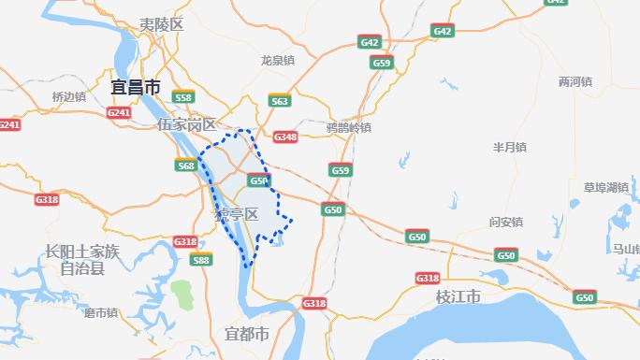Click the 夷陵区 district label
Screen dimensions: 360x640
point(161,25)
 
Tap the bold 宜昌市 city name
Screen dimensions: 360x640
point(136,88)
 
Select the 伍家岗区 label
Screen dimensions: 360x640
point(186,124)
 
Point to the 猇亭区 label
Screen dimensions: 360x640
point(236,214)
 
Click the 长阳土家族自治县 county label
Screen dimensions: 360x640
point(82,259)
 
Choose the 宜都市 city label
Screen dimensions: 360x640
point(247,334)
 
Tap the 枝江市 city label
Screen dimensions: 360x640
point(458,296)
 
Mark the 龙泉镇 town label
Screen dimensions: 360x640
point(278,60)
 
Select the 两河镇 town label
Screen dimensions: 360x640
point(575,81)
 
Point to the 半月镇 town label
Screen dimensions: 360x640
point(510,147)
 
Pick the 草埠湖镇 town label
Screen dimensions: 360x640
point(605,187)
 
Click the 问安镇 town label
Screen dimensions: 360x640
point(506,222)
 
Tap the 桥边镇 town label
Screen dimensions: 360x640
point(69,96)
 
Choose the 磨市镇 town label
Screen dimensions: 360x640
point(100,312)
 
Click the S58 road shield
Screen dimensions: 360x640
point(183,97)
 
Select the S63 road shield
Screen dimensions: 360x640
point(279,100)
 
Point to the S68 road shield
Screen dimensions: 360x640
point(186,166)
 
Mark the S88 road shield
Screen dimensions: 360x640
point(200,260)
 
